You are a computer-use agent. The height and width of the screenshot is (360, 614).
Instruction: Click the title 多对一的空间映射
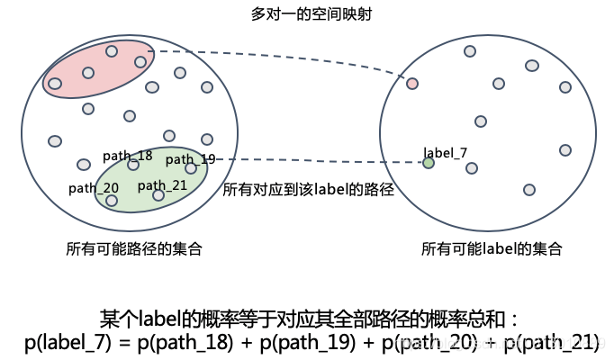(308, 15)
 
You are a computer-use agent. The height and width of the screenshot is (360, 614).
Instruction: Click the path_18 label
(127, 155)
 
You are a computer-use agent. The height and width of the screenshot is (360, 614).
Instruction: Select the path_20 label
(94, 187)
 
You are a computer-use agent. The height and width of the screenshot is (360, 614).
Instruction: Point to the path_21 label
(162, 184)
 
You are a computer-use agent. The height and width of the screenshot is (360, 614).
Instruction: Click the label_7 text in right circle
(445, 151)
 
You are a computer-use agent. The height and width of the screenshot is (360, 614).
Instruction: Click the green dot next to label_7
(429, 163)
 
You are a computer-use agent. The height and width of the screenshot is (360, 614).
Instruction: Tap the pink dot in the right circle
(412, 84)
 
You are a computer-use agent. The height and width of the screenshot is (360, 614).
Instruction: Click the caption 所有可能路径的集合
(133, 248)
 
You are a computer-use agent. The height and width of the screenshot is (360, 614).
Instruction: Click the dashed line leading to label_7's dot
(315, 161)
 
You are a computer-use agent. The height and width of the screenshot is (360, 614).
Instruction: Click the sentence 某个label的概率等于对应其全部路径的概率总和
(307, 319)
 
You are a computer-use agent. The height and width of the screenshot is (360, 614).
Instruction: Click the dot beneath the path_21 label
(158, 195)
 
